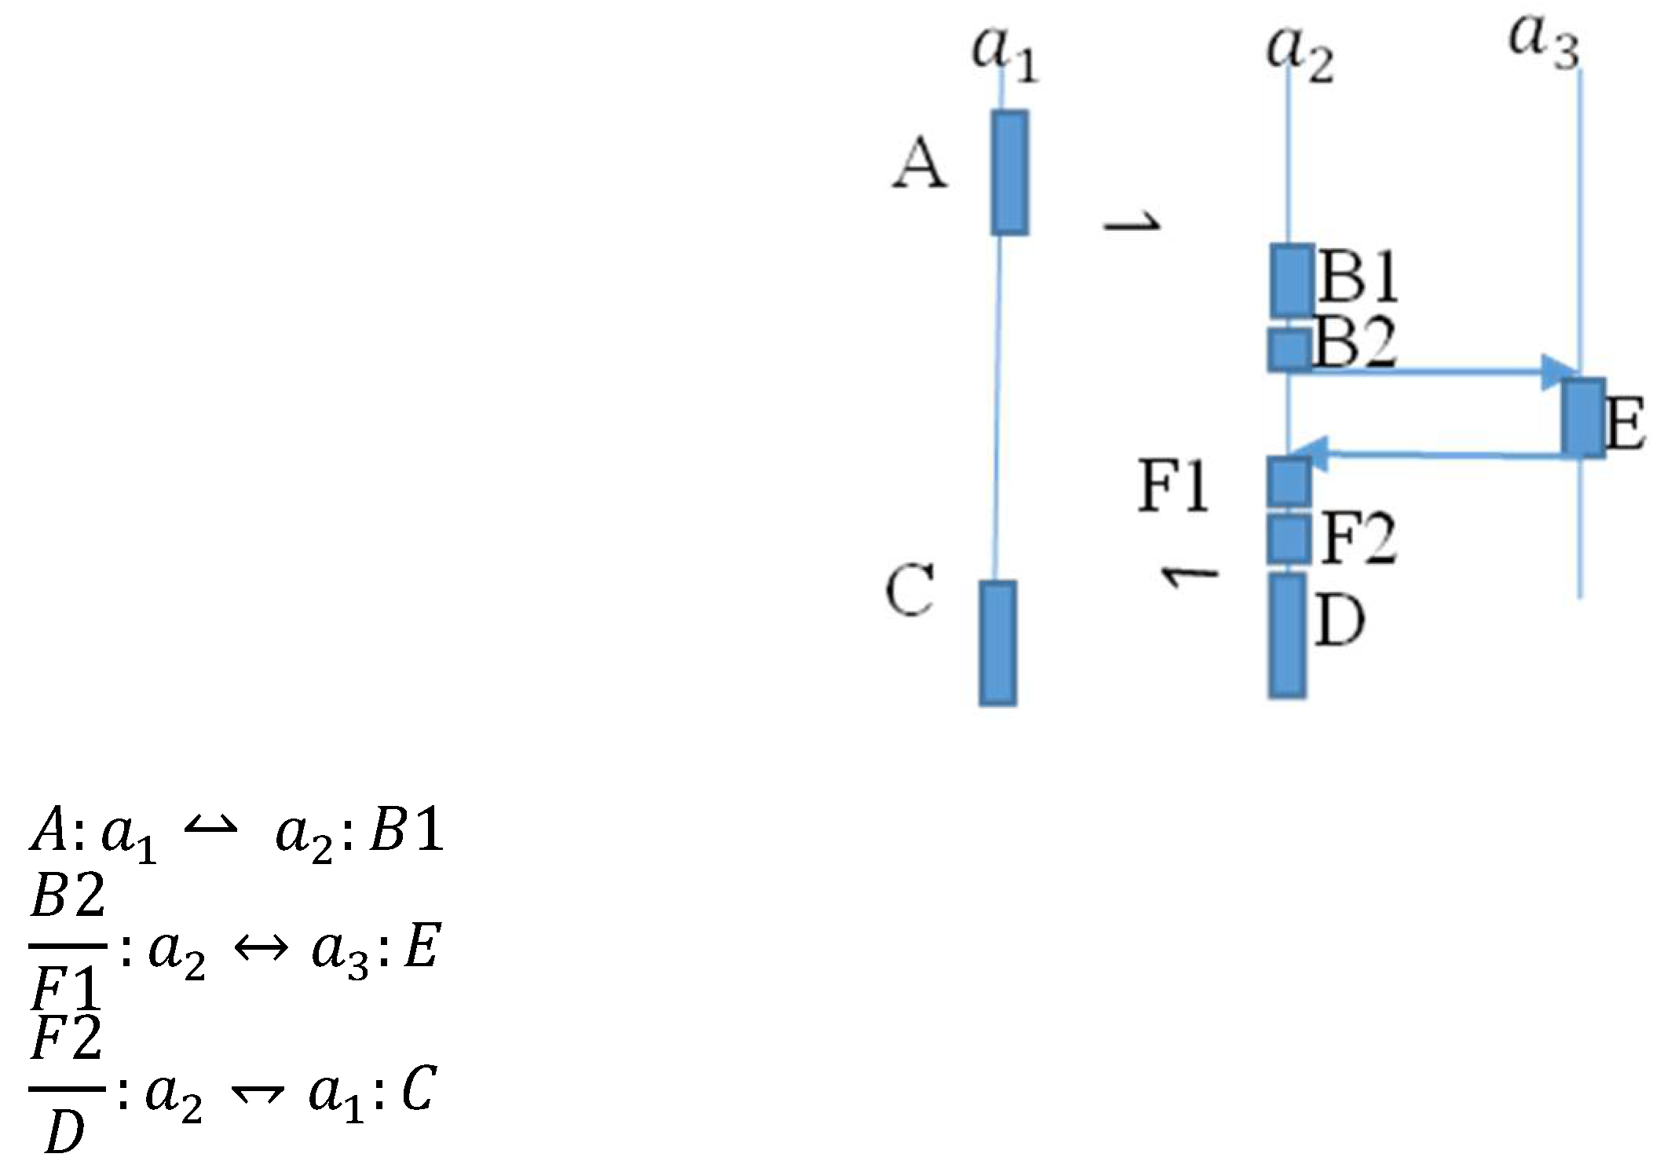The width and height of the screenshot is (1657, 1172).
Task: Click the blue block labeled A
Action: coord(1009,173)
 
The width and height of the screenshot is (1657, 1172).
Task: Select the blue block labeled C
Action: coord(997,643)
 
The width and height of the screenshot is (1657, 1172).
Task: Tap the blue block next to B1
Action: coord(1292,280)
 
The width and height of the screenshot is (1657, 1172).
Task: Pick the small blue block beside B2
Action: coord(1289,350)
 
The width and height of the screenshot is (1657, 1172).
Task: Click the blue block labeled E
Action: coord(1582,417)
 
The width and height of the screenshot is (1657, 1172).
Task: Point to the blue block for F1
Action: coord(1289,481)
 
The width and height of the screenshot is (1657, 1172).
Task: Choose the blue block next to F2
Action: coord(1289,539)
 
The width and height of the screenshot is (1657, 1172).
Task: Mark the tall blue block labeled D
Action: coord(1287,635)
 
